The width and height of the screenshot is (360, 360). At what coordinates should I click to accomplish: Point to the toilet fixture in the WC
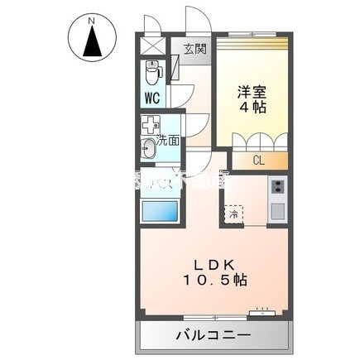pyautogui.click(x=152, y=73)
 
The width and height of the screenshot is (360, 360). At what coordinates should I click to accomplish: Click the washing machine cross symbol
pyautogui.click(x=149, y=128)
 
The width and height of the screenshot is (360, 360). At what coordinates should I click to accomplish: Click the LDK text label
pyautogui.click(x=217, y=265)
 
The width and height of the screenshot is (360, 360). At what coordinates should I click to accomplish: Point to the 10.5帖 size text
pyautogui.click(x=217, y=281)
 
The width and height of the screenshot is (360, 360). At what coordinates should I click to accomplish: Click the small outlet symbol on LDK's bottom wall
pyautogui.click(x=262, y=314)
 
